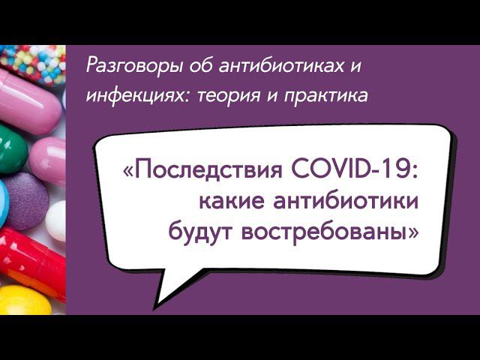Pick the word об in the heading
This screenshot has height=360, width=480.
pos(194,67)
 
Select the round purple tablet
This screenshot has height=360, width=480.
pos(25,200)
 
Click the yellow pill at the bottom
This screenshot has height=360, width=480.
pos(22,301)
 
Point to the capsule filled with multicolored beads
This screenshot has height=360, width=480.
pos(34,60)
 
